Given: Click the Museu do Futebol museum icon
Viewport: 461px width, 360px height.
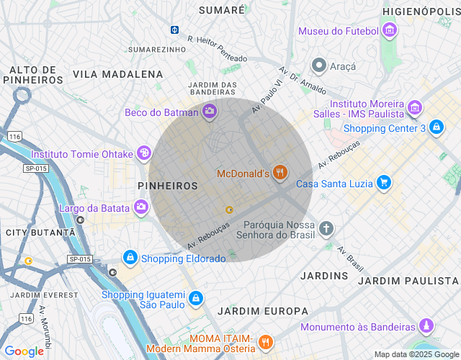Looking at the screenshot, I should (x=390, y=31).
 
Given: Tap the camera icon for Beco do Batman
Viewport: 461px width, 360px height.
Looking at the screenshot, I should (x=210, y=111).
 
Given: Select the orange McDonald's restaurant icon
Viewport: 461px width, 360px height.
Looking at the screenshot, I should (x=280, y=173).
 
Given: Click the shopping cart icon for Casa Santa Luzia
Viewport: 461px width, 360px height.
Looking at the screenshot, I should (x=384, y=184).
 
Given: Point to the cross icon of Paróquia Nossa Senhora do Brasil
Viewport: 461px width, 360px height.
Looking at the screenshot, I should (x=326, y=229).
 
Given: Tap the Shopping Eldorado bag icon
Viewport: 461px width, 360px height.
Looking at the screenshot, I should (x=130, y=256).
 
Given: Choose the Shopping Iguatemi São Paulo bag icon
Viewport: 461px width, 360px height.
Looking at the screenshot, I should (x=195, y=297).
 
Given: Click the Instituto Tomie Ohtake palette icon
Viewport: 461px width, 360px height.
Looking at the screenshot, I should (x=144, y=153).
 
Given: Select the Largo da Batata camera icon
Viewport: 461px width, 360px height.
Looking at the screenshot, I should (x=141, y=208).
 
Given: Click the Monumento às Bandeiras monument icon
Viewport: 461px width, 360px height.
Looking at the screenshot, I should (x=427, y=326).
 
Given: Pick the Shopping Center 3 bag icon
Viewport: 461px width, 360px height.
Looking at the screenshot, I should (x=436, y=128).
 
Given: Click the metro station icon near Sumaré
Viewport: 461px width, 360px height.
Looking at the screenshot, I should (x=175, y=30).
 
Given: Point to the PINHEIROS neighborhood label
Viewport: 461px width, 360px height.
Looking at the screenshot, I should (x=167, y=186).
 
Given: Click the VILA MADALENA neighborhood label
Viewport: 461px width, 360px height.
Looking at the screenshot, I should (x=118, y=74).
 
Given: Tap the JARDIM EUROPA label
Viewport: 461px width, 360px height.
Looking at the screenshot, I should (x=262, y=311).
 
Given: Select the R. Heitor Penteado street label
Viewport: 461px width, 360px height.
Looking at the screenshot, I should (x=217, y=48).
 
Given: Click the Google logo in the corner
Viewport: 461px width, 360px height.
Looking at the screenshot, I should (x=24, y=351).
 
